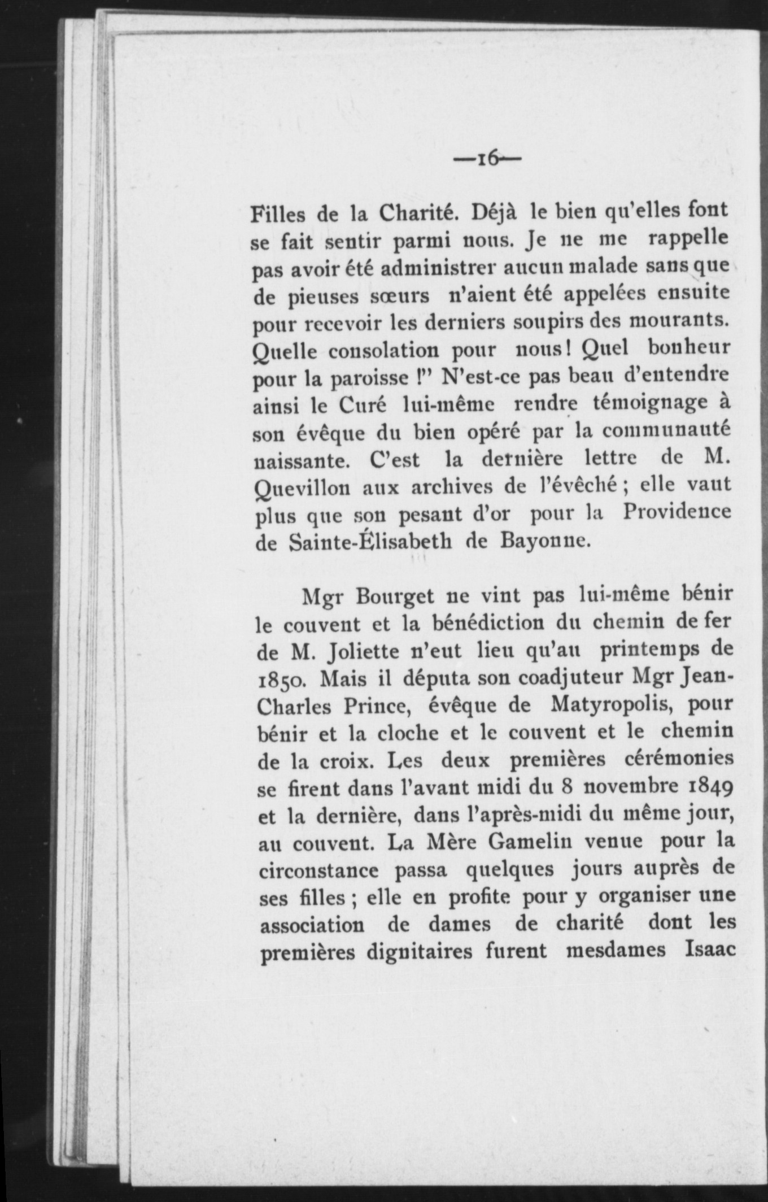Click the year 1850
point(281,680)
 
